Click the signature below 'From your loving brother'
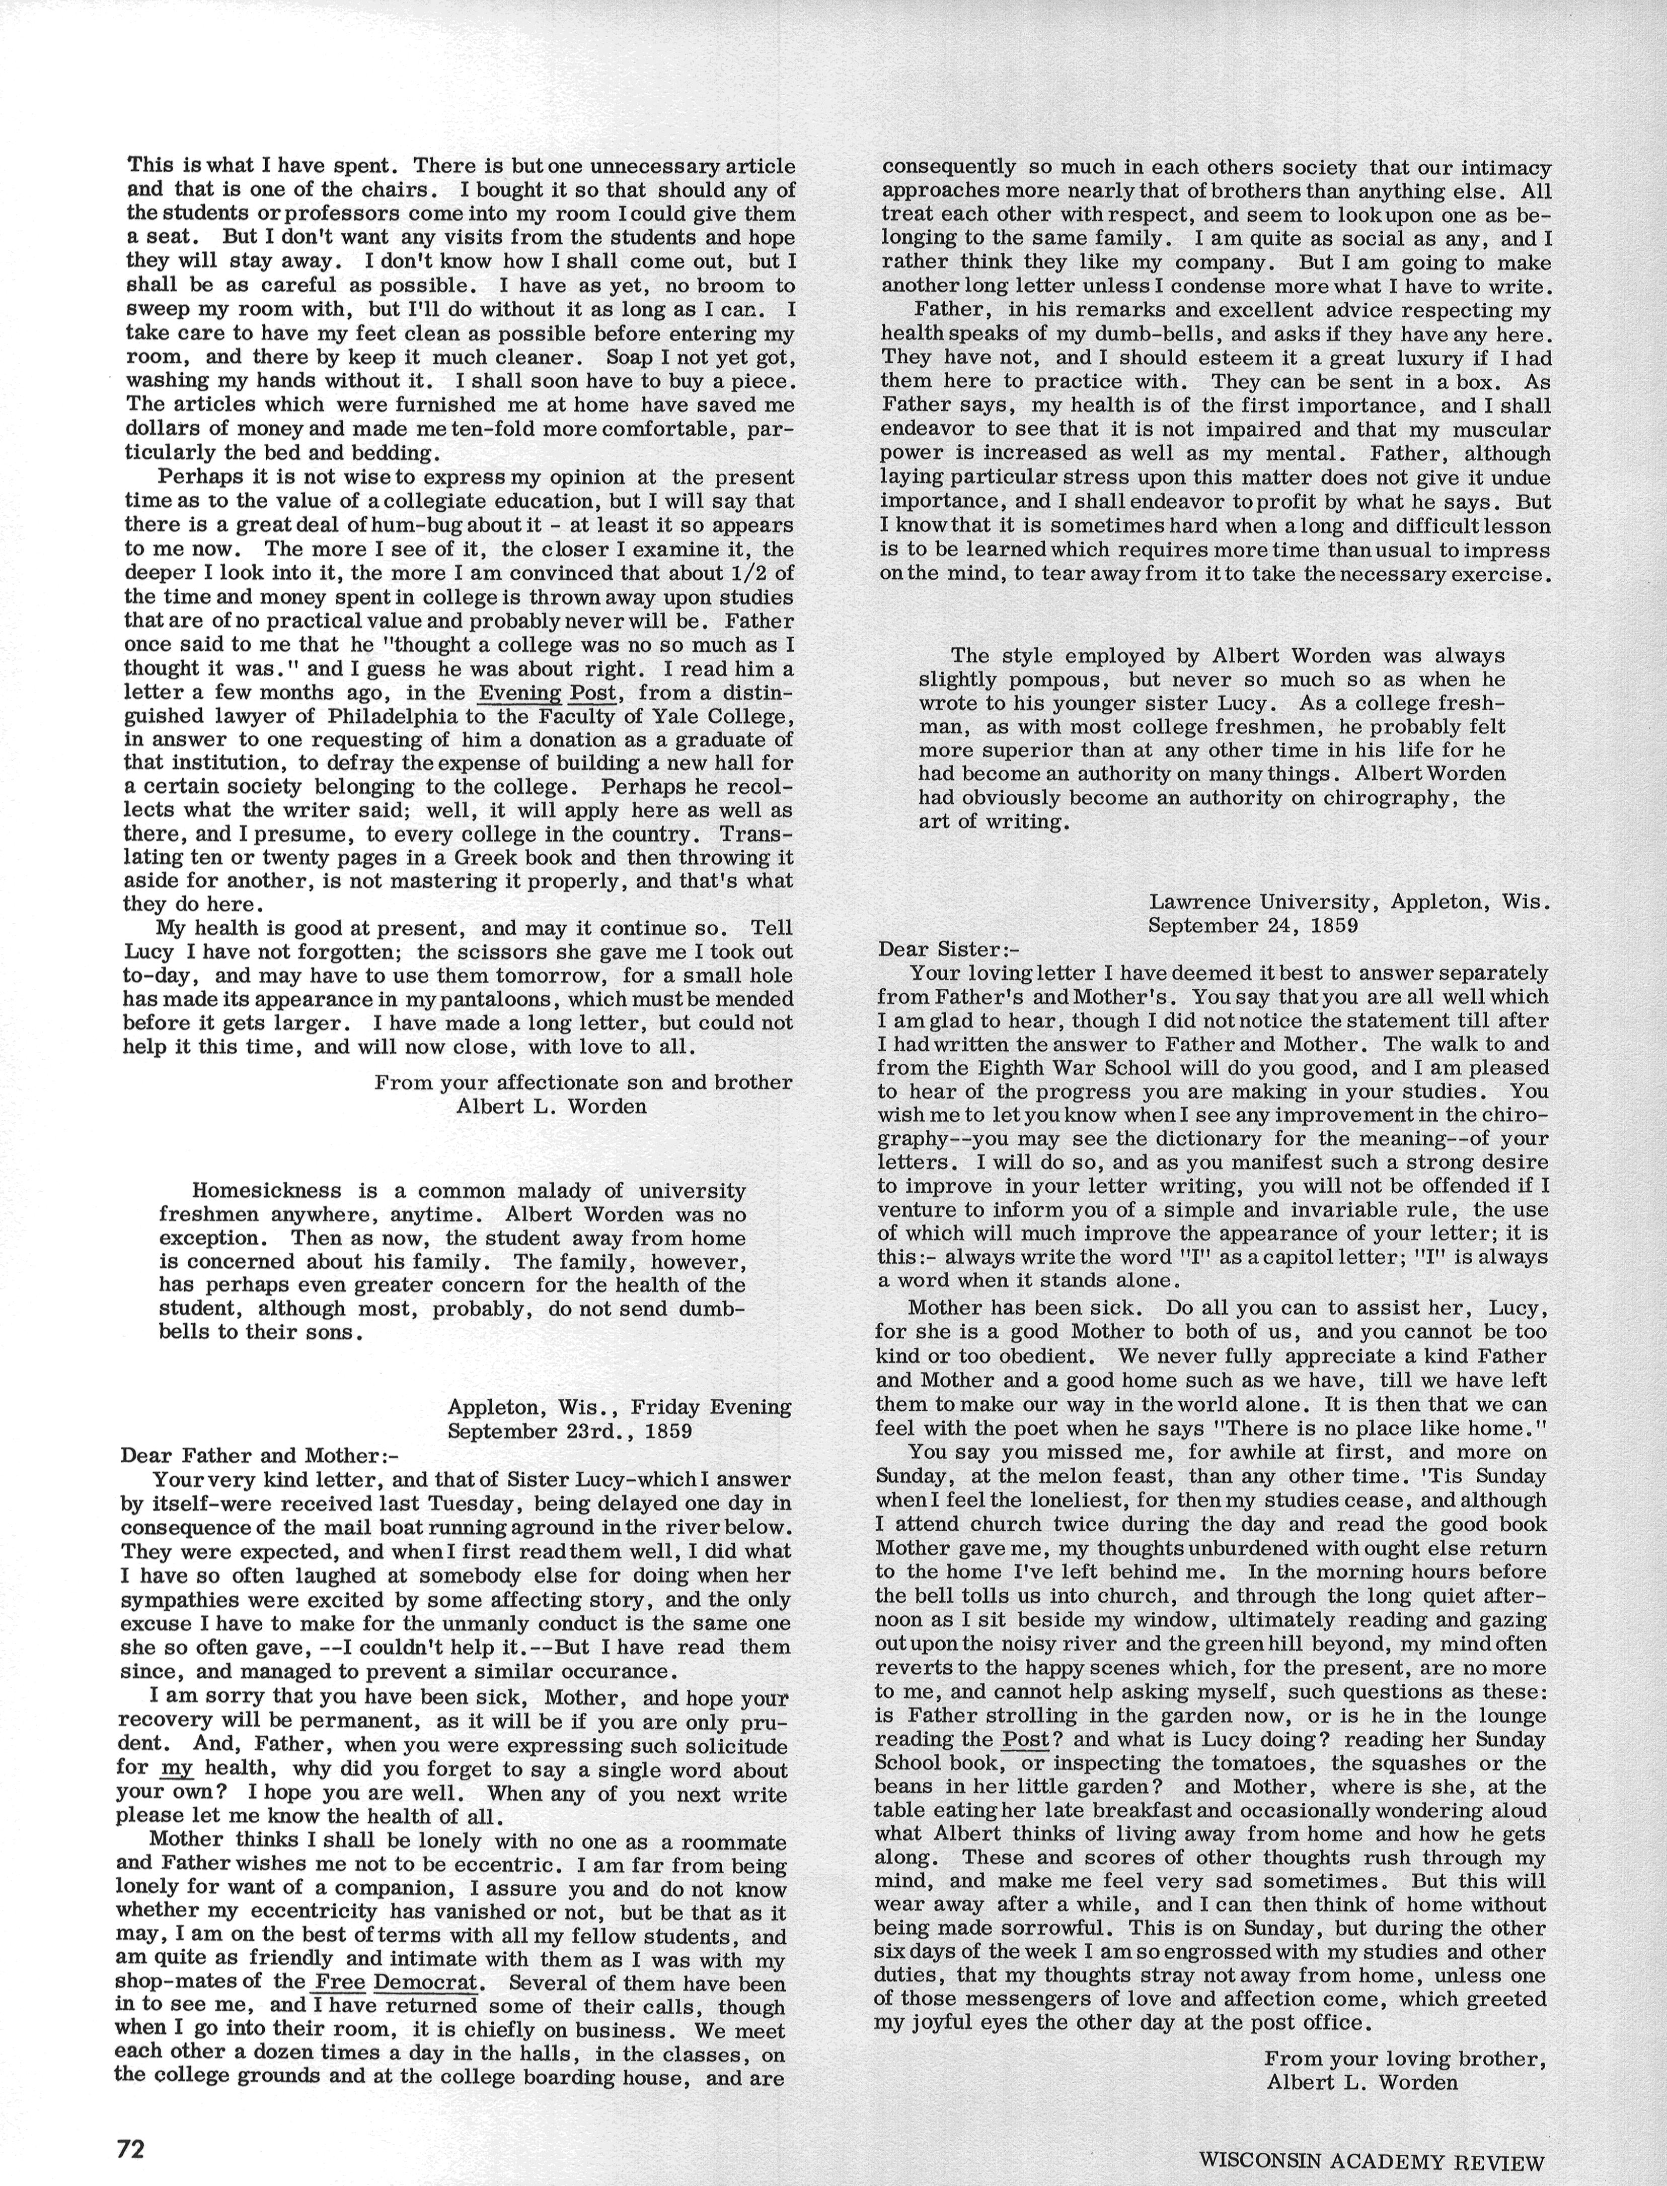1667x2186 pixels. [1361, 2075]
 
